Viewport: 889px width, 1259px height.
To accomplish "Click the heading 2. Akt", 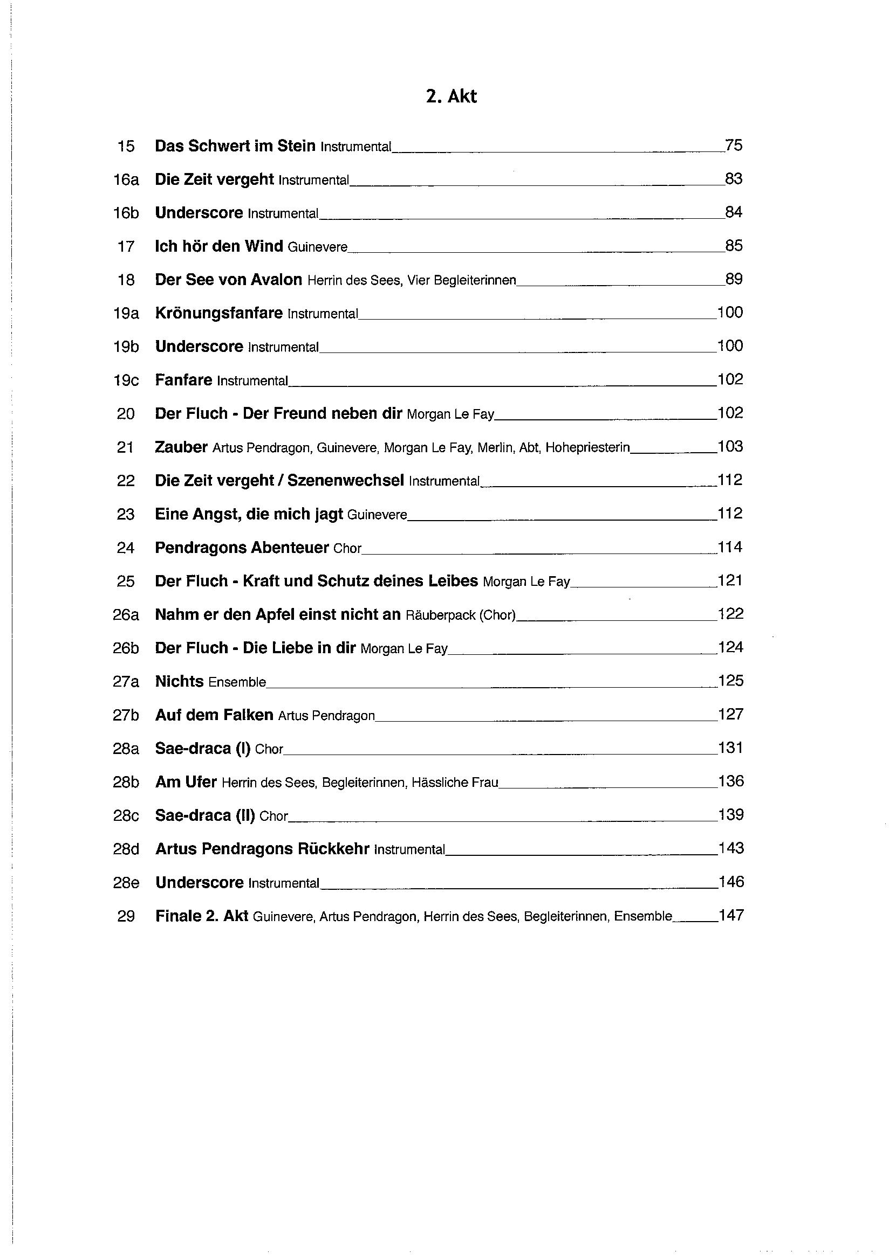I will click(x=451, y=96).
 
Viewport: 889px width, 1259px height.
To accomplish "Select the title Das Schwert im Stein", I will click(x=235, y=146).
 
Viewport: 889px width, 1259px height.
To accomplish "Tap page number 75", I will click(x=734, y=146).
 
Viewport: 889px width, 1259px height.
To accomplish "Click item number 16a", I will click(x=126, y=180).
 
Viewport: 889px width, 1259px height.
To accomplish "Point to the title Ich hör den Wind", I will click(x=219, y=246).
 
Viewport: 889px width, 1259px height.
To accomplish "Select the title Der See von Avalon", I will click(x=228, y=280).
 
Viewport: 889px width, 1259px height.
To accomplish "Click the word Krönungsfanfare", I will click(x=218, y=313).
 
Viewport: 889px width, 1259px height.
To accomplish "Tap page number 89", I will click(x=734, y=279).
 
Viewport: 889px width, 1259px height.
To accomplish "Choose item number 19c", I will click(x=126, y=380).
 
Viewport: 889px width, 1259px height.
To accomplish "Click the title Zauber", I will click(x=181, y=447).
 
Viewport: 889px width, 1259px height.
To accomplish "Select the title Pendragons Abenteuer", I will click(x=242, y=548).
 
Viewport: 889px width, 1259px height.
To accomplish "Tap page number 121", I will click(x=730, y=580).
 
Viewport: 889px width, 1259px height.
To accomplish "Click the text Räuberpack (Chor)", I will click(x=461, y=615).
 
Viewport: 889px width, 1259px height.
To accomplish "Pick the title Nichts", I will click(x=180, y=682).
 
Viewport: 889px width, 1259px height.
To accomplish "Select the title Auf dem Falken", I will click(x=214, y=715).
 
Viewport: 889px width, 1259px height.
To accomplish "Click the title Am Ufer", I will click(x=186, y=782).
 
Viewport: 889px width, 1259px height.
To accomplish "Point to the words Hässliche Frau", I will click(x=454, y=783).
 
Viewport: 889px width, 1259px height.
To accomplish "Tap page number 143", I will click(x=730, y=848).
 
